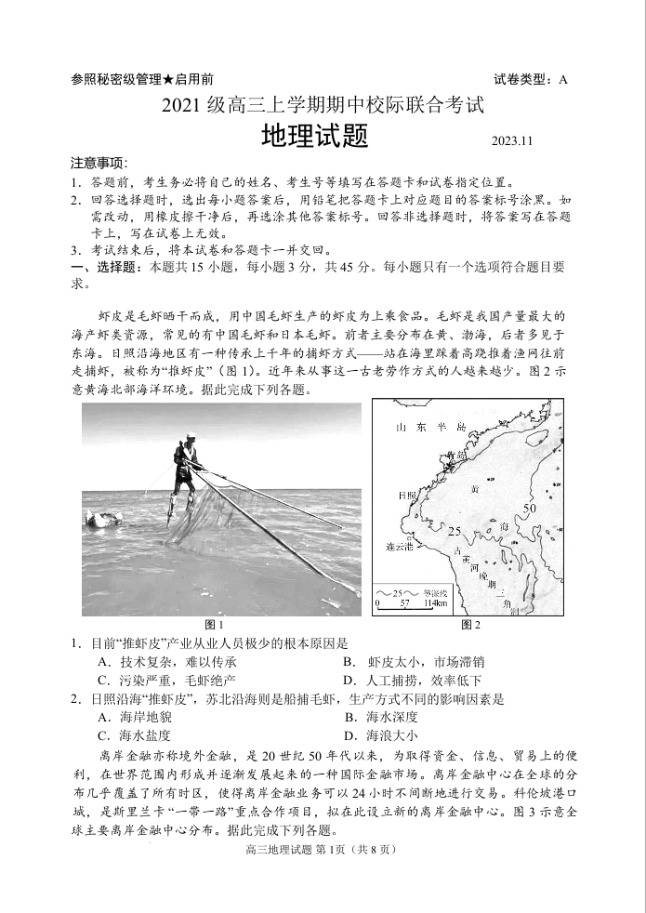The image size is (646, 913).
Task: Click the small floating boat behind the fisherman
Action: [x=104, y=519]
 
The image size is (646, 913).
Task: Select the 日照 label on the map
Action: [x=407, y=496]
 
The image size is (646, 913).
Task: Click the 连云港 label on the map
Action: [x=401, y=547]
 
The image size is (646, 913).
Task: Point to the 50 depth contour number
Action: [x=529, y=509]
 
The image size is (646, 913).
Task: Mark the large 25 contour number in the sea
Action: [x=455, y=531]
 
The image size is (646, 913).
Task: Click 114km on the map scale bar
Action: [x=434, y=604]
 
